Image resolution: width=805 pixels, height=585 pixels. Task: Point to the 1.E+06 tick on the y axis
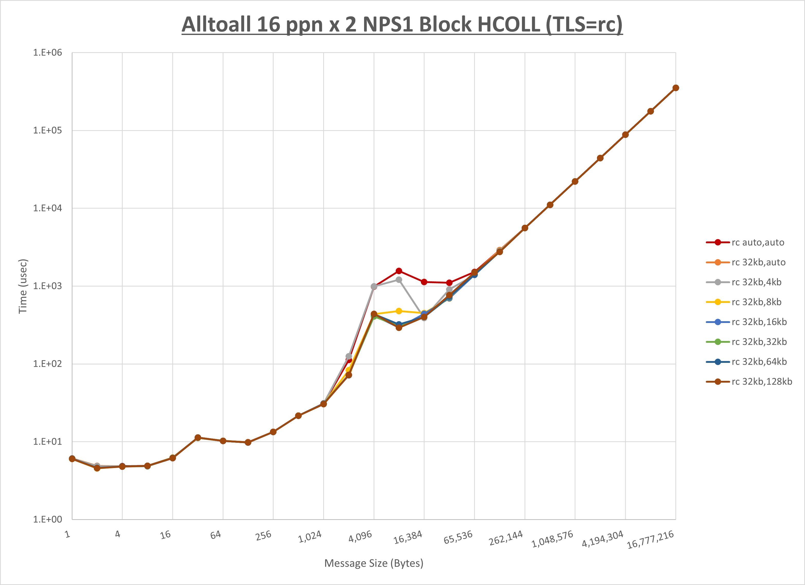click(x=48, y=52)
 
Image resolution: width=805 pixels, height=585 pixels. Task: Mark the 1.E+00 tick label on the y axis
click(x=48, y=519)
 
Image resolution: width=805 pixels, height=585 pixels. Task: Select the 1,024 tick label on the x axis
click(x=310, y=537)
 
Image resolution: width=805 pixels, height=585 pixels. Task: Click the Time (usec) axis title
click(x=23, y=286)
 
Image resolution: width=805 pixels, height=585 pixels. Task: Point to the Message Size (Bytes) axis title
click(x=374, y=563)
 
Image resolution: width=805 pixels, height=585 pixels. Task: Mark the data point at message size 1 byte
click(x=72, y=459)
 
